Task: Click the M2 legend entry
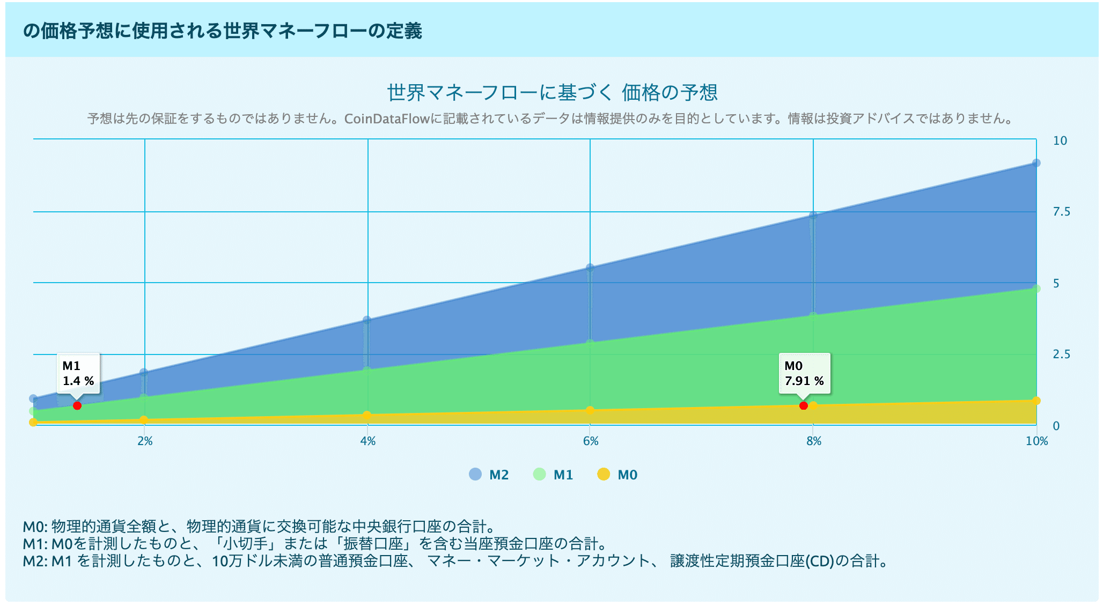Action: point(489,475)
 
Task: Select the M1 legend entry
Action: point(553,475)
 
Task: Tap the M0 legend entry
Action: point(617,475)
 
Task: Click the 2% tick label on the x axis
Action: point(145,441)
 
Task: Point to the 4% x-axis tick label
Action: point(368,441)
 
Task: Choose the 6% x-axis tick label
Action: point(591,441)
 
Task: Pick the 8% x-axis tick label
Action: point(814,441)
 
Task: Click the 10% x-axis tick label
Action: point(1036,441)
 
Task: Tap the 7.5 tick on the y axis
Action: point(1061,212)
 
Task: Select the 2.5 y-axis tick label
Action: point(1061,354)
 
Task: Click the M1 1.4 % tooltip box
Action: point(78,373)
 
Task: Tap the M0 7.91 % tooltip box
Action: point(804,373)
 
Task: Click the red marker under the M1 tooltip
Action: point(77,405)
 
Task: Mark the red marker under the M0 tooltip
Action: point(803,405)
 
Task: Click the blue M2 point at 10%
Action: point(1036,163)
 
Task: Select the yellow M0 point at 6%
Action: point(590,410)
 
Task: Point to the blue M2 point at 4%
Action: point(367,320)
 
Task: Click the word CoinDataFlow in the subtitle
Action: point(386,119)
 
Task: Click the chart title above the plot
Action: point(552,93)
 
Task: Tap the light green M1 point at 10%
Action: point(1036,289)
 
